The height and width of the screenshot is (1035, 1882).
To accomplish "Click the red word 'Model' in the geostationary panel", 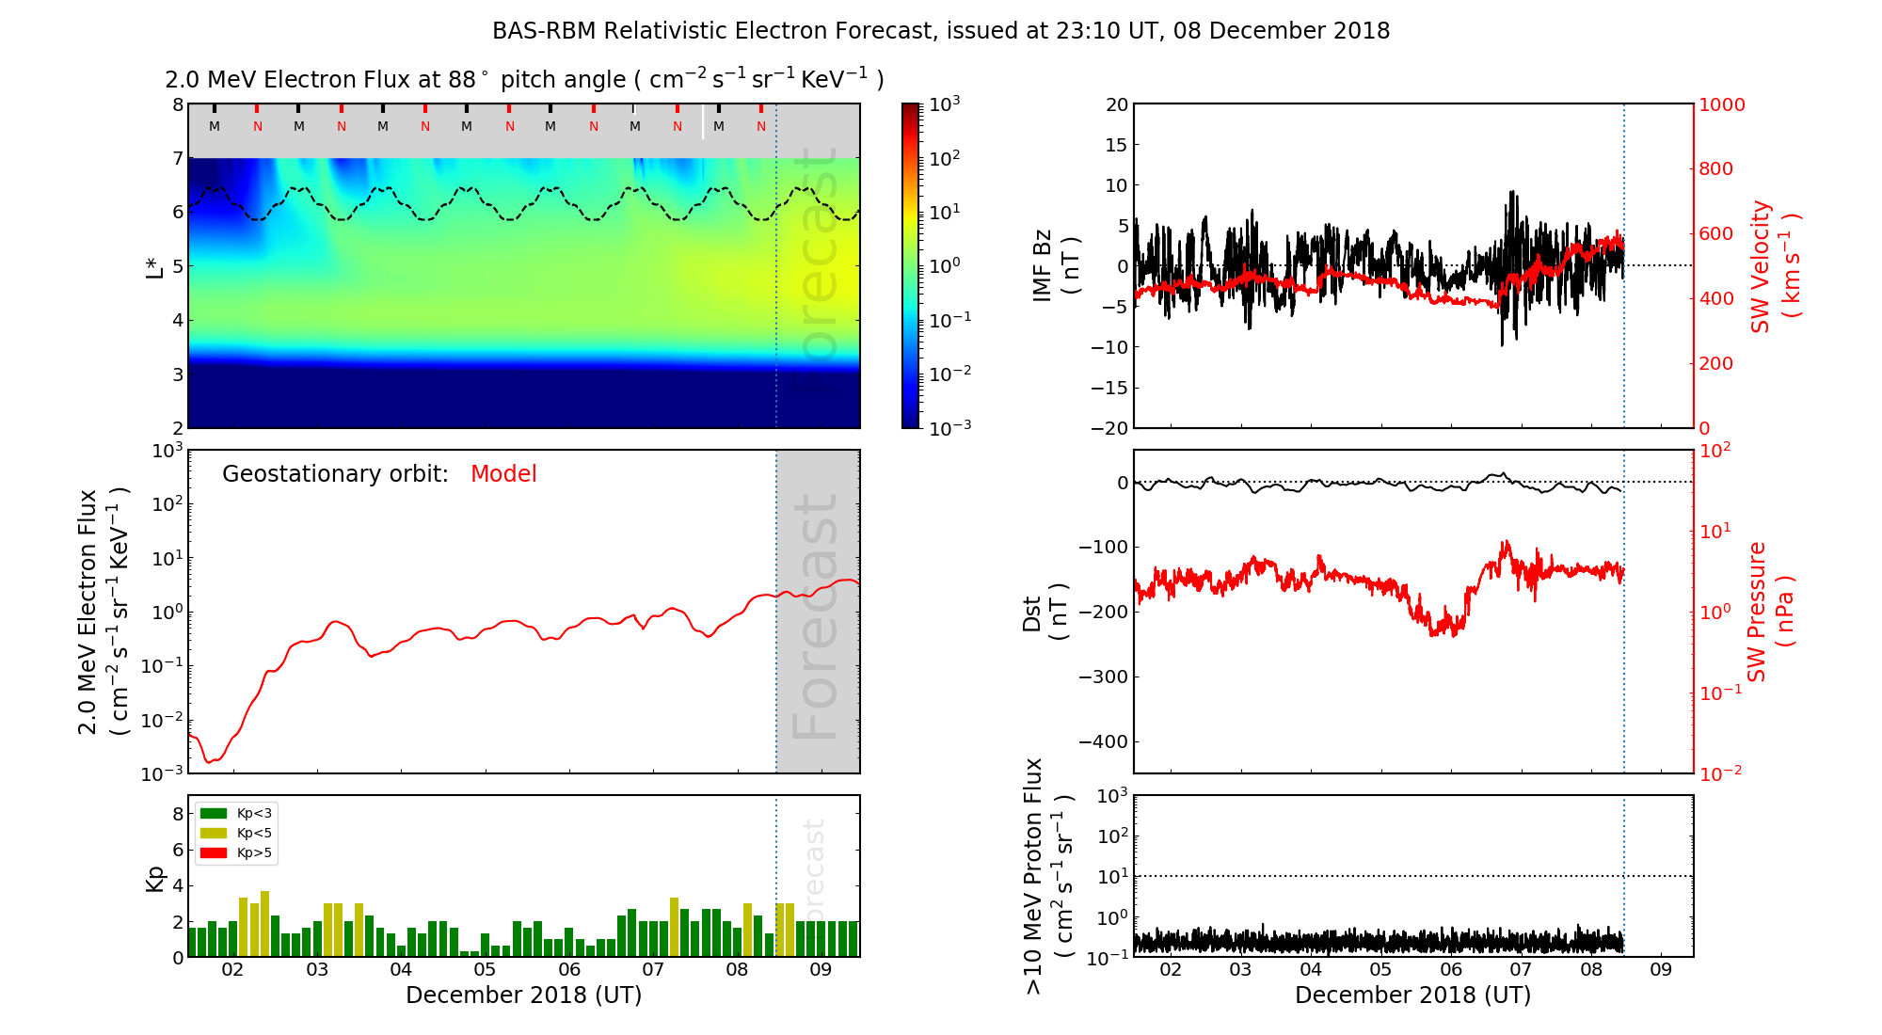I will click(x=503, y=474).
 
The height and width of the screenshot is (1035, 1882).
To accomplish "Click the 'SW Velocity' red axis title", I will click(x=1761, y=266).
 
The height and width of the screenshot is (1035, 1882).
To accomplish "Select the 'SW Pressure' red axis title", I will click(x=1757, y=612).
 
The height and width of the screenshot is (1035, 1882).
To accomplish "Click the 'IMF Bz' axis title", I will click(x=1043, y=266).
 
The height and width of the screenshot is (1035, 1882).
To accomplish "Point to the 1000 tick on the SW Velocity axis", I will click(x=1721, y=104).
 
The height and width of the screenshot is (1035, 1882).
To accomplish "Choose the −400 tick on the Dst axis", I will click(x=1103, y=741).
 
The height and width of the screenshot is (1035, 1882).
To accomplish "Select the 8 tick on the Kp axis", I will click(x=178, y=814).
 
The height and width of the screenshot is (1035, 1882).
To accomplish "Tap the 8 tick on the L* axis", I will click(x=178, y=104).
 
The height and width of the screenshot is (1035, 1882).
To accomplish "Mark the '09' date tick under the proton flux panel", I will click(x=1661, y=970).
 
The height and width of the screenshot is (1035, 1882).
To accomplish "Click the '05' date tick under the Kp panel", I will click(x=485, y=970).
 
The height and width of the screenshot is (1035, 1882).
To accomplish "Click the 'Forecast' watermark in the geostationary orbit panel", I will click(x=817, y=615).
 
